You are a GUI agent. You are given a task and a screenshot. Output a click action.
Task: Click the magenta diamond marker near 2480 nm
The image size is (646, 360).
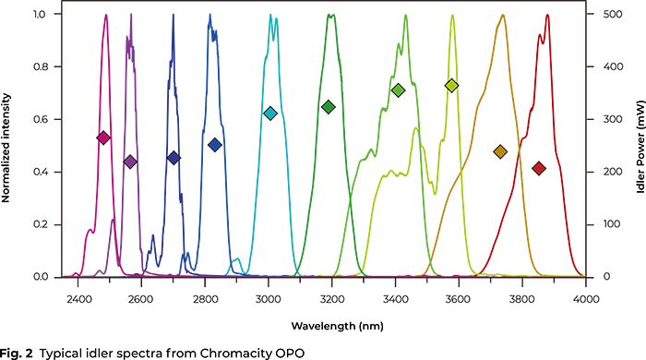[x=103, y=138]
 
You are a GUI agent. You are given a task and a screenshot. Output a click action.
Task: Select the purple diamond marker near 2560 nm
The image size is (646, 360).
[x=130, y=162]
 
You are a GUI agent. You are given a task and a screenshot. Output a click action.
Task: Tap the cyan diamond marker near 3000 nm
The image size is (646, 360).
[x=270, y=113]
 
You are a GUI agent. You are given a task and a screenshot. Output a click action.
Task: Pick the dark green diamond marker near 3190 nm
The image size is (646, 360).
[x=328, y=107]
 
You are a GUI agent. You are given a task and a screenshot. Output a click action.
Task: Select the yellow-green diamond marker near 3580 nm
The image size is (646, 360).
[x=451, y=85]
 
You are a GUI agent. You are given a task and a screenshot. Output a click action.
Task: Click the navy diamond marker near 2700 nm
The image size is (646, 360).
[x=173, y=158]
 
